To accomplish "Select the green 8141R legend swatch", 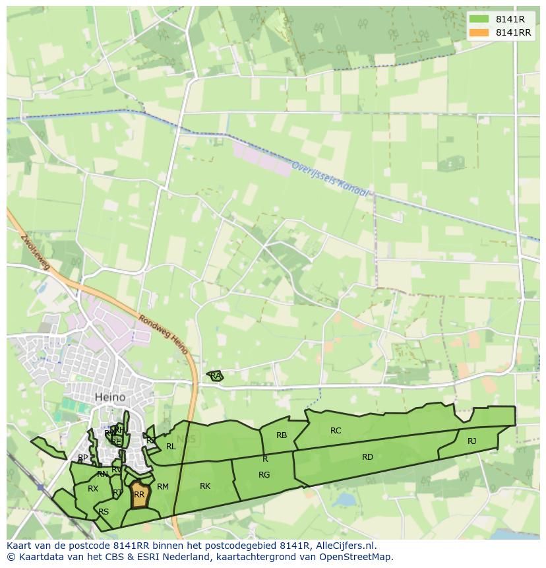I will (x=479, y=19).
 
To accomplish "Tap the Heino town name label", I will (x=110, y=397).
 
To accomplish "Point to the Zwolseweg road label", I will (x=35, y=251).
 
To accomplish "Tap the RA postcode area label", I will (x=216, y=376).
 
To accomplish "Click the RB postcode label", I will (x=282, y=435).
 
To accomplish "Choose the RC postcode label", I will (x=336, y=431).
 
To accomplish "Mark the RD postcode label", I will (x=367, y=457).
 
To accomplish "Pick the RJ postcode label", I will (x=471, y=441).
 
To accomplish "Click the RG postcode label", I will (x=264, y=475).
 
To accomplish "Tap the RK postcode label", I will (x=205, y=486).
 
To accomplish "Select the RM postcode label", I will (x=163, y=487).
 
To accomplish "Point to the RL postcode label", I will (x=171, y=447).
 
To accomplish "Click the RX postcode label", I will (x=93, y=489).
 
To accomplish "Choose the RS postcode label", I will (x=104, y=512).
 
